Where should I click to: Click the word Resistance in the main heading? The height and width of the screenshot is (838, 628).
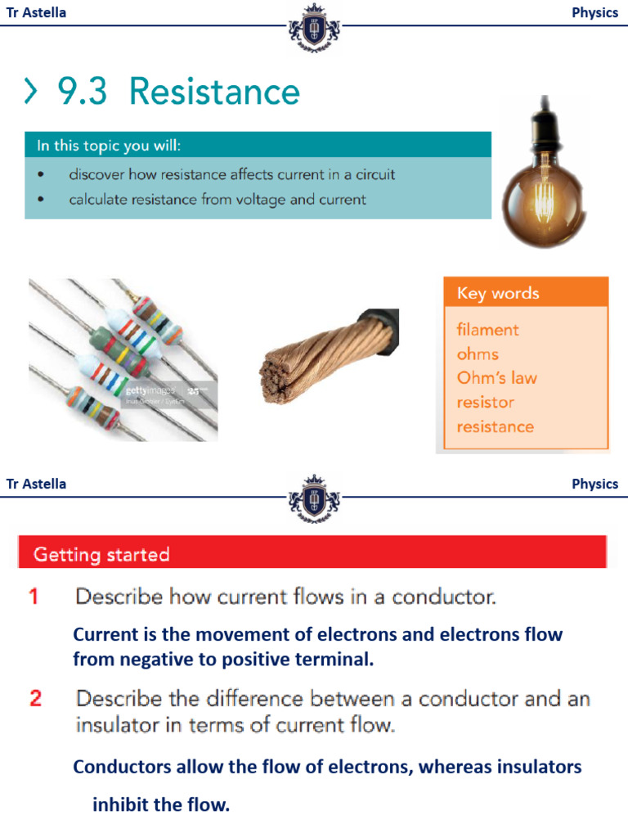tap(214, 92)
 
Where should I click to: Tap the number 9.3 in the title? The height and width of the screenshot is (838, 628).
tap(82, 92)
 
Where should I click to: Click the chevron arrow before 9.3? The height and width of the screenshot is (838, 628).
tap(30, 92)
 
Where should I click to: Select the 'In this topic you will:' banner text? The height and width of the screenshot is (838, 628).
tap(109, 146)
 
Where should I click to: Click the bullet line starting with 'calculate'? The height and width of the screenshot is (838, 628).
tap(217, 199)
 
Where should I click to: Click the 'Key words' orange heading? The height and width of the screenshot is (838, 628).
tap(498, 293)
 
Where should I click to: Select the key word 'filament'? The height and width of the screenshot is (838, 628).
tap(487, 330)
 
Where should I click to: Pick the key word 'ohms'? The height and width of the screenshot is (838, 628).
tap(478, 354)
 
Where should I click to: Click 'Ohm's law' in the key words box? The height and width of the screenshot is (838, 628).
tap(496, 378)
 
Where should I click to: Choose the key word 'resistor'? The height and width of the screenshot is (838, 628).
tap(485, 403)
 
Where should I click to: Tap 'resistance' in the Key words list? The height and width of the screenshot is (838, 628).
tap(495, 426)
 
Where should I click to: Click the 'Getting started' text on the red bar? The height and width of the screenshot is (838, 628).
tap(101, 555)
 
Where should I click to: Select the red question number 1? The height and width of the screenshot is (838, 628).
tap(34, 597)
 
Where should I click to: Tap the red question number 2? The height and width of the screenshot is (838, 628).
tap(35, 699)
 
